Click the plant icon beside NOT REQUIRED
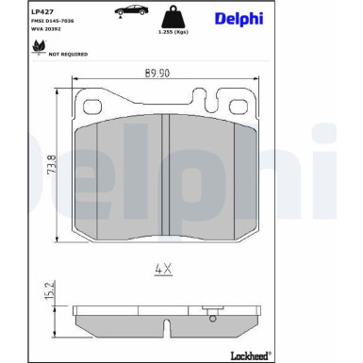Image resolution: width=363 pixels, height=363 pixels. click(x=39, y=52)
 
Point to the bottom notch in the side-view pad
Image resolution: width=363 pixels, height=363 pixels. click(x=166, y=328)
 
